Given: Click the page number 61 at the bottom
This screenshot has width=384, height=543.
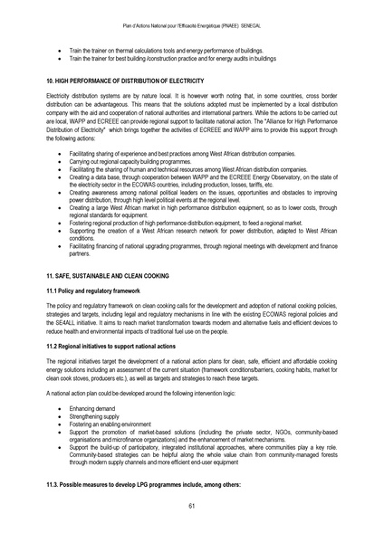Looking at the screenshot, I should (192, 505).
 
